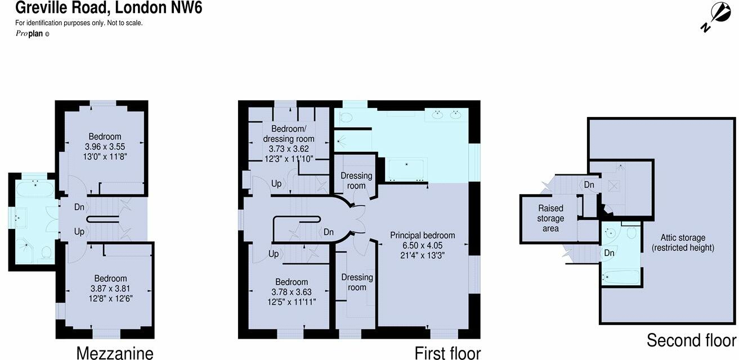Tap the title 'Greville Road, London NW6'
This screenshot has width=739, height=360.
pos(101,8)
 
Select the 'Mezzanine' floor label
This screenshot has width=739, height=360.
pos(114,353)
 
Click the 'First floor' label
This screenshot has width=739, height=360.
pos(447,353)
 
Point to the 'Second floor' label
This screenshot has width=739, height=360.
pos(691,340)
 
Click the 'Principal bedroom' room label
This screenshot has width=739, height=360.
pos(423,235)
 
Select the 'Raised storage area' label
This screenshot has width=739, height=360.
pos(550,218)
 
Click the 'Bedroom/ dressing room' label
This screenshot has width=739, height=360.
pos(289,134)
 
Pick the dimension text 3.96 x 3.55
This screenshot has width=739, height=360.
pos(105,146)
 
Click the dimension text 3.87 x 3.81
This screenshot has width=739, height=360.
pos(110,288)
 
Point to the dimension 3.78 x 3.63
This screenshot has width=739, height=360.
pos(292,292)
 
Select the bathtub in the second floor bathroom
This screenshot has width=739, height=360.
pos(620,277)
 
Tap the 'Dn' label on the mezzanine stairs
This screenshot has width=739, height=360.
pos(79,207)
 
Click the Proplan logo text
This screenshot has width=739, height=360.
pos(32,34)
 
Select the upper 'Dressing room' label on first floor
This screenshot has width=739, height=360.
pos(356,181)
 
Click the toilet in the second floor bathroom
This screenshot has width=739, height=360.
pos(630,232)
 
